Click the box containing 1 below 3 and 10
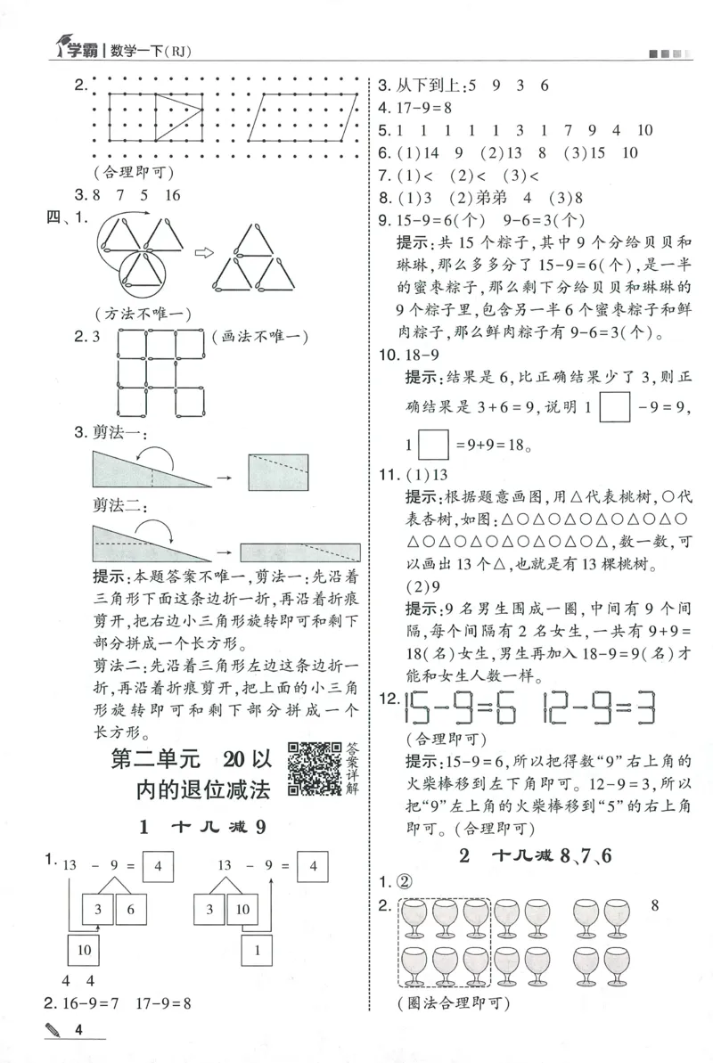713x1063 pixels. tap(256, 951)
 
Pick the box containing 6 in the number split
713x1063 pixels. tap(131, 909)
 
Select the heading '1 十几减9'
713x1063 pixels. tap(205, 827)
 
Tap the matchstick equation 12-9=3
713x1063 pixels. tap(597, 709)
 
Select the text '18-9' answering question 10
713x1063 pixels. tap(423, 356)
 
